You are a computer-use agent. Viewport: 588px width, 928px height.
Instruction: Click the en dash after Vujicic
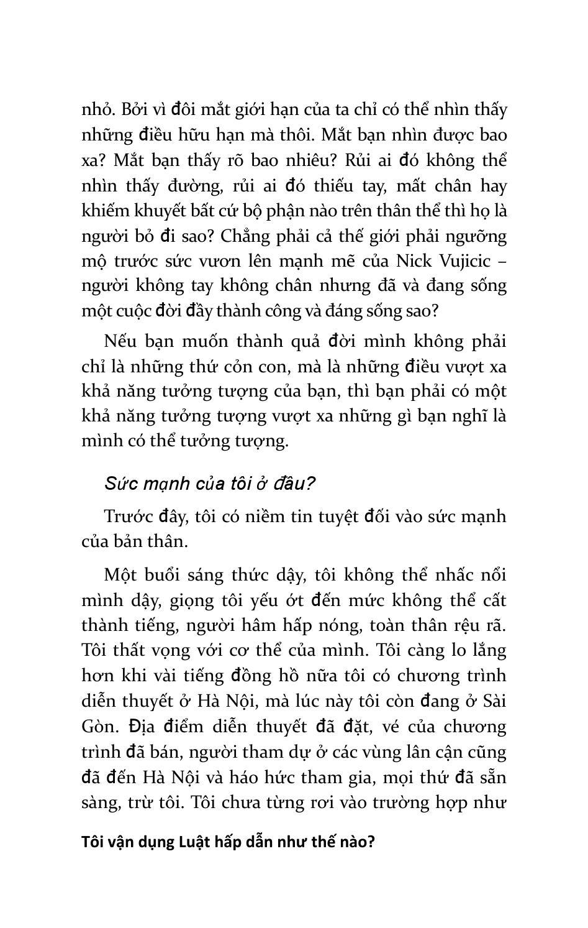pos(502,261)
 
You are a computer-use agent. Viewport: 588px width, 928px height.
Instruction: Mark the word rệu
pos(456,625)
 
